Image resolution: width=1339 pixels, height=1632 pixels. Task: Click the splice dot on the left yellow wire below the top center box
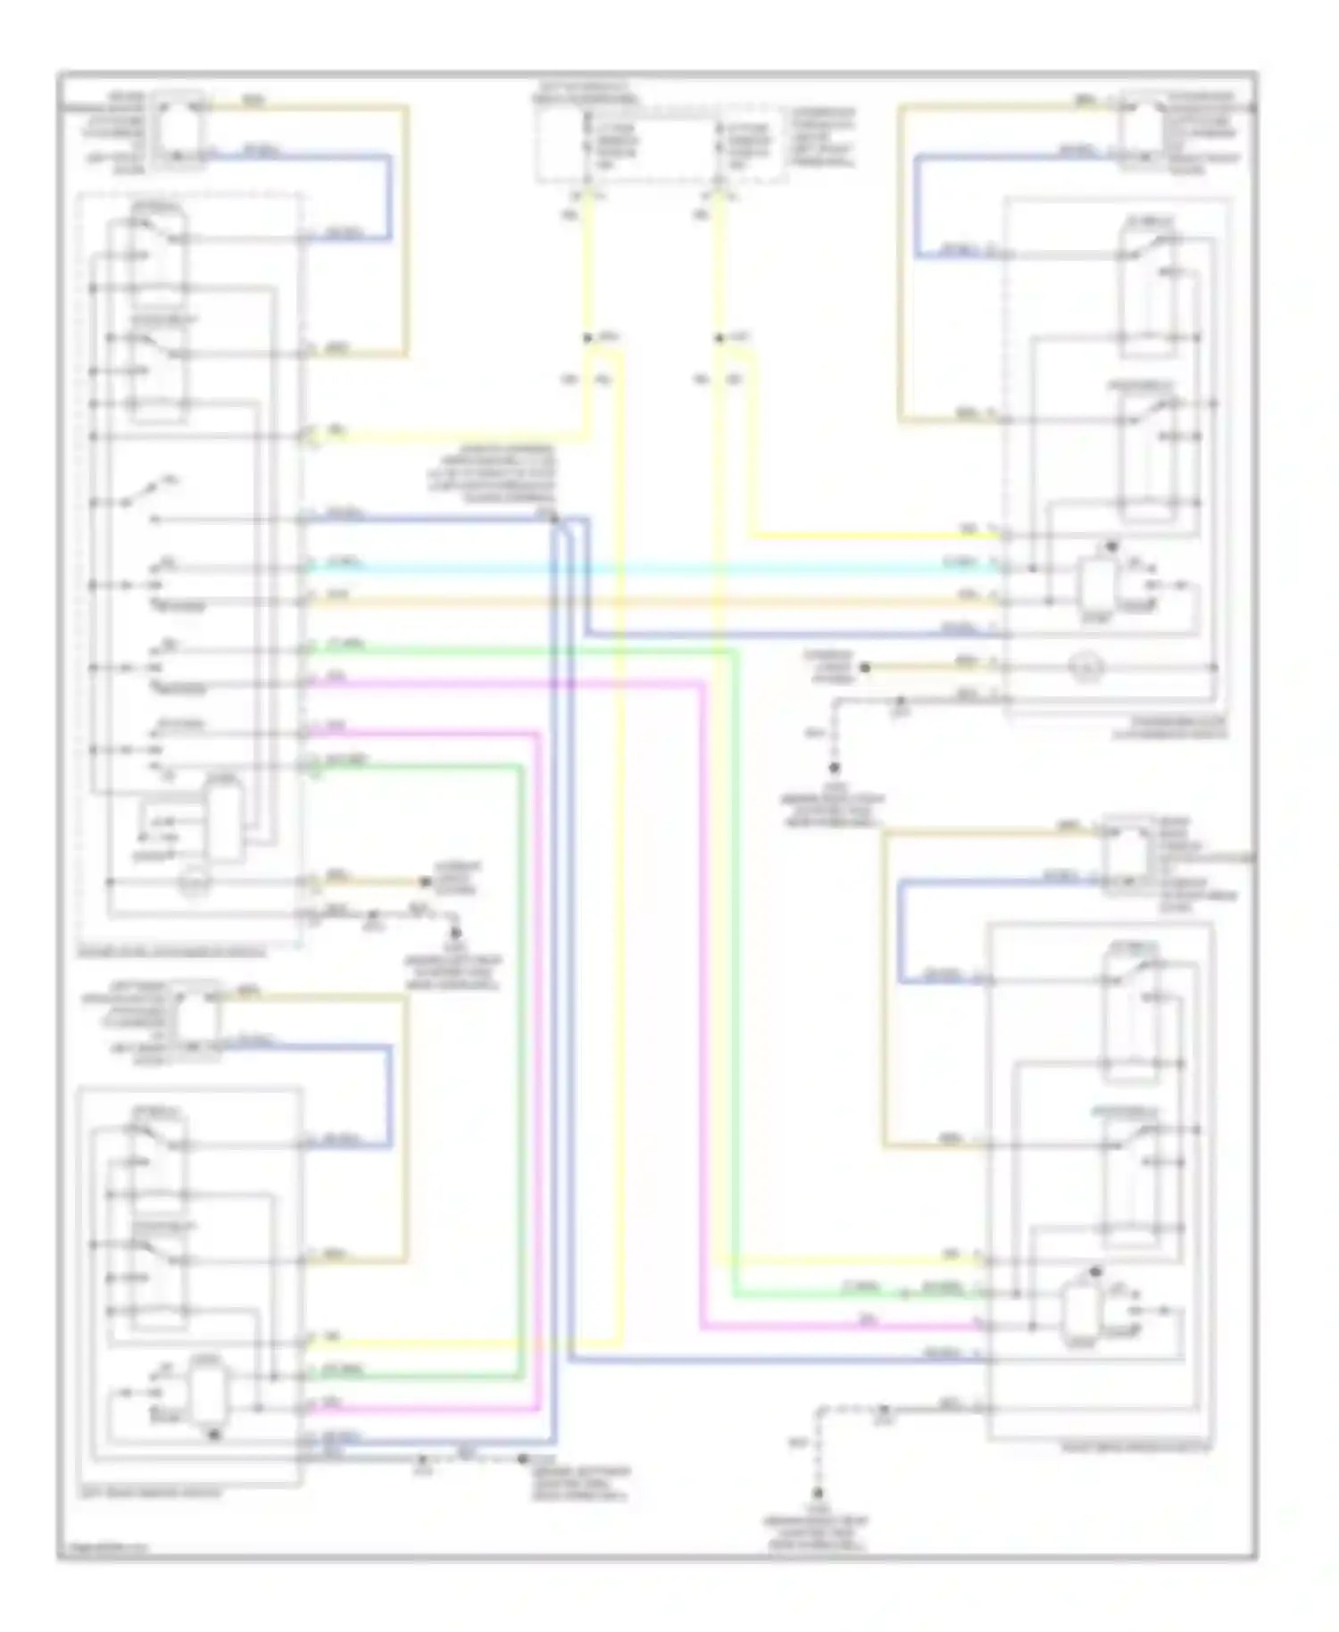(x=587, y=338)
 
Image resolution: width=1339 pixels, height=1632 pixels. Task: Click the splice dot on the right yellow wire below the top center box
(x=719, y=338)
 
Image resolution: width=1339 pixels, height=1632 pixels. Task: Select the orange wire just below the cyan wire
(x=652, y=602)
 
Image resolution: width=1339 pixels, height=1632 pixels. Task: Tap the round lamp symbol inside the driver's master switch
(x=195, y=884)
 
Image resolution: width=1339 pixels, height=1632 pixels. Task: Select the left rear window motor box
(x=196, y=1018)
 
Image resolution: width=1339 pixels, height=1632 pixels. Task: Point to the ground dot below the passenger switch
(x=835, y=767)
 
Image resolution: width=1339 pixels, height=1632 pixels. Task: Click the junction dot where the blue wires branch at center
(x=553, y=518)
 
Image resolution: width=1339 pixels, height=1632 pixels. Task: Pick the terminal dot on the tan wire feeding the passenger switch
(x=864, y=667)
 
